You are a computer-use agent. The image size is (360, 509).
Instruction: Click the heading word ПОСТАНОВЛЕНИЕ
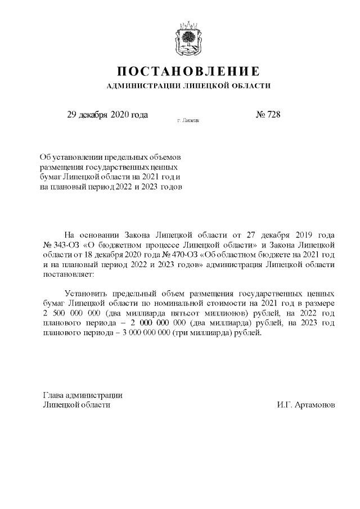click(x=188, y=71)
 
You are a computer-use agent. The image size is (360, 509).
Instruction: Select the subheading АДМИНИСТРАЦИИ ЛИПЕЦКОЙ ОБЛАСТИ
click(x=188, y=86)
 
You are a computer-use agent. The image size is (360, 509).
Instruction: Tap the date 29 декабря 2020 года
click(x=107, y=115)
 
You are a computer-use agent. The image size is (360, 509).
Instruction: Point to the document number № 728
click(x=268, y=115)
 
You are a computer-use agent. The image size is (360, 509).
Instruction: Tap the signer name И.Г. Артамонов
click(x=306, y=404)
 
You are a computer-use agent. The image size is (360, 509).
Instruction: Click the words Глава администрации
click(x=83, y=395)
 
